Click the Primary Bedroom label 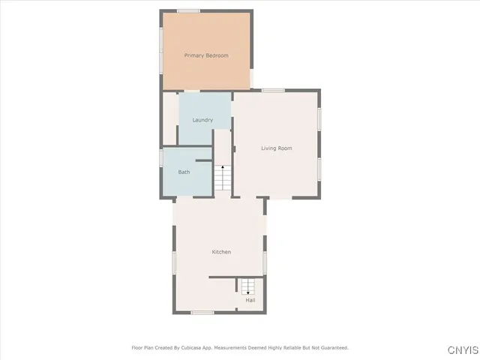tap(206, 55)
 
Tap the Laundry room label tap(202, 120)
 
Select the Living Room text tap(276, 148)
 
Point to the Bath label tap(184, 172)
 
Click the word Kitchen tap(221, 252)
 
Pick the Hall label tap(250, 301)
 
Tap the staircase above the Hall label tap(248, 286)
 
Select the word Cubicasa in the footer tap(187, 348)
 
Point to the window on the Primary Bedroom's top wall tap(188, 10)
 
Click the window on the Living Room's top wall tap(273, 91)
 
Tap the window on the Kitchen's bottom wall tap(202, 312)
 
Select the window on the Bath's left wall tap(161, 158)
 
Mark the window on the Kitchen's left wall tap(174, 262)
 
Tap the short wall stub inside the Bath tap(204, 160)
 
